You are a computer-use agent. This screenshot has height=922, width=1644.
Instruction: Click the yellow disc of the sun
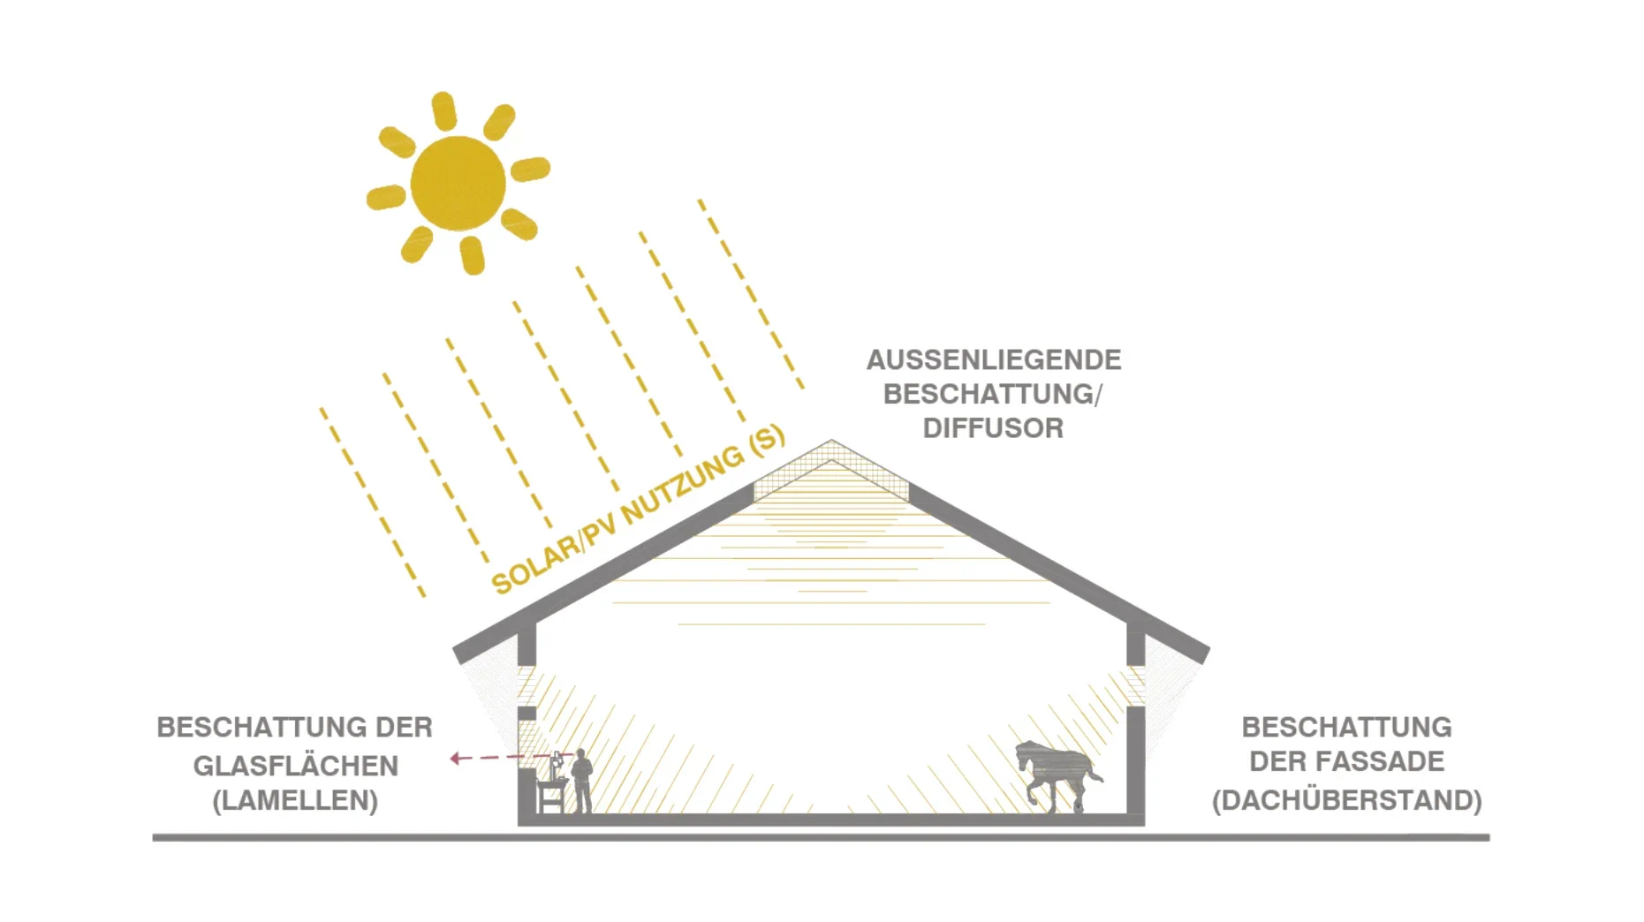pos(458,183)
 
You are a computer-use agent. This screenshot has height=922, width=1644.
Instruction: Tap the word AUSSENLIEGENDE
pos(994,359)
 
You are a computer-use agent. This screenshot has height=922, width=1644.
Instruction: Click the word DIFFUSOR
pos(993,428)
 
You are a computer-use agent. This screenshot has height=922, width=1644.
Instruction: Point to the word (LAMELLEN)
pos(295,800)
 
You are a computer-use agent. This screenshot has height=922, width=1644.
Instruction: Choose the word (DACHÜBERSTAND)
pos(1346,800)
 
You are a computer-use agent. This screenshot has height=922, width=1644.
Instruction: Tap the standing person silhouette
pos(581,780)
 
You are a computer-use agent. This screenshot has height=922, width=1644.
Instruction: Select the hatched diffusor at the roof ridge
pos(831,471)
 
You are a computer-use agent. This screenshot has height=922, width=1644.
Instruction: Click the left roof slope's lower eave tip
pos(458,655)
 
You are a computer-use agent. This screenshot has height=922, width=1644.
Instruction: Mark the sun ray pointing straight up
pos(443,111)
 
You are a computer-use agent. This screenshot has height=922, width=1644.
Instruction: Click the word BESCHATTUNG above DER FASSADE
pos(1346,727)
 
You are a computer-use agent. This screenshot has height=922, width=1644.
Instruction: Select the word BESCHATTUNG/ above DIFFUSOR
pos(993,394)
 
